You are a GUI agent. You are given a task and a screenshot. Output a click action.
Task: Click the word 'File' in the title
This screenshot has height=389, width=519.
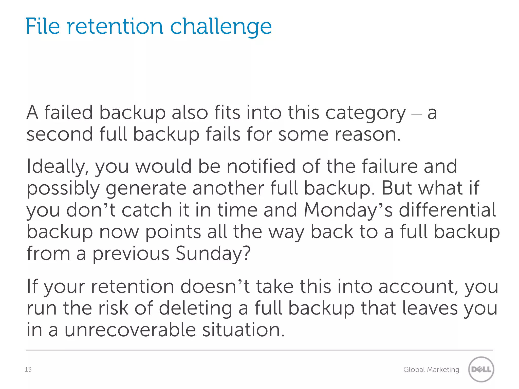pos(43,26)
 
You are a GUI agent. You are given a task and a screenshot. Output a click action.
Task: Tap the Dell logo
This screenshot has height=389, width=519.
pos(481,369)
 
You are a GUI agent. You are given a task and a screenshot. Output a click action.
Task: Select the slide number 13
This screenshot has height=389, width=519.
pos(28,369)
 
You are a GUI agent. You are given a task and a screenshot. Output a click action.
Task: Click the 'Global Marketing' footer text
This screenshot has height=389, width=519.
pos(431,370)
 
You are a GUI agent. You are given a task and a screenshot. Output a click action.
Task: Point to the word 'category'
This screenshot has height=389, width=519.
pos(365,113)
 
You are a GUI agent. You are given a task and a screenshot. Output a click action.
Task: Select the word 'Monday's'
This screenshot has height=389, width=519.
pos(348,210)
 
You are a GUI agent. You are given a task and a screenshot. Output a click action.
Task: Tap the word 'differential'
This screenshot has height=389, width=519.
pos(447,210)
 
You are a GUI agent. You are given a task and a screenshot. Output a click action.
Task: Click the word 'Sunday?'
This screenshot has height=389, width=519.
pos(213,254)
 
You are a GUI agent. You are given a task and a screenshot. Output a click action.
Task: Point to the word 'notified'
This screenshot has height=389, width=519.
pos(261,166)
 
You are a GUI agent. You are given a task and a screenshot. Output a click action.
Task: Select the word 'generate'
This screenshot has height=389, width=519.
pos(146,189)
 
